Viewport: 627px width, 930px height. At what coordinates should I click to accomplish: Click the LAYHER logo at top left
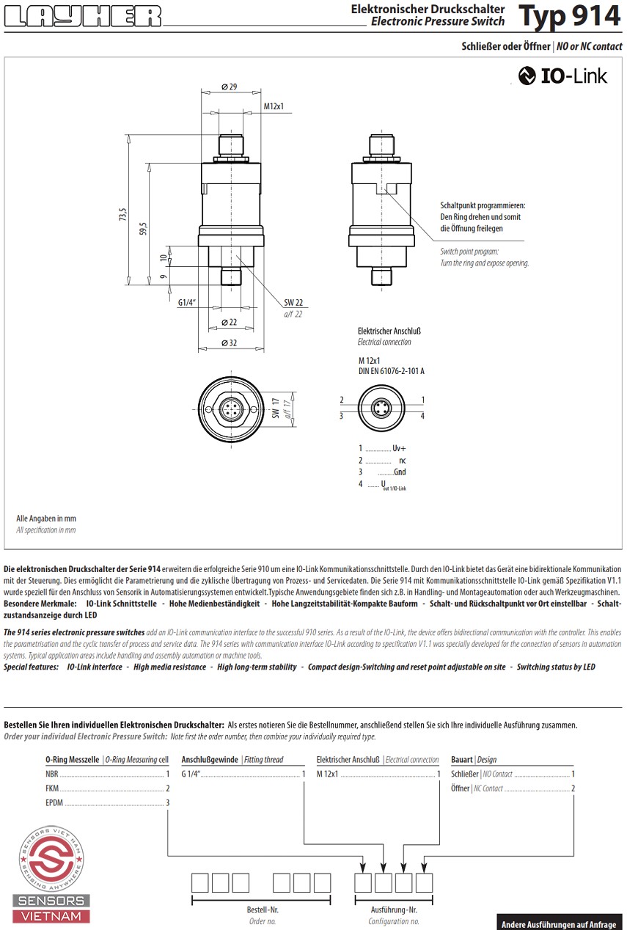[82, 16]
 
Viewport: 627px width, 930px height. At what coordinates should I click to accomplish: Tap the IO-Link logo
[562, 76]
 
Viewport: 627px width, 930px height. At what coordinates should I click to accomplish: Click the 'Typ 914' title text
[568, 16]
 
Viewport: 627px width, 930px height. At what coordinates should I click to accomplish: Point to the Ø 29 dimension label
[229, 87]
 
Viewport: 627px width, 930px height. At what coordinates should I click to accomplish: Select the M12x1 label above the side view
[274, 106]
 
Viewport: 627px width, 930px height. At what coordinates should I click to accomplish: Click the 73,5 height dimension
[124, 214]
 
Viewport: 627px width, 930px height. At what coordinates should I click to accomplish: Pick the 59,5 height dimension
[145, 228]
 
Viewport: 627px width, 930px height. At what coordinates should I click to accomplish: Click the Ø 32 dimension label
[229, 343]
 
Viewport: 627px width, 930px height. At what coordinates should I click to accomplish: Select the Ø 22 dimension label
[229, 323]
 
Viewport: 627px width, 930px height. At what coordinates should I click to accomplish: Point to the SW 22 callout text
[293, 303]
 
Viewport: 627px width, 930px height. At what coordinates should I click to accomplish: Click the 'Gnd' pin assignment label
[400, 472]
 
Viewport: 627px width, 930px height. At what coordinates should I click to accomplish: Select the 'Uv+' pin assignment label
[399, 447]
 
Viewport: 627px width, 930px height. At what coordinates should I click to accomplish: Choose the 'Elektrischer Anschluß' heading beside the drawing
[389, 332]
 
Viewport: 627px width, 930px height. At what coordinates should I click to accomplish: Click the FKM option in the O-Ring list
[53, 788]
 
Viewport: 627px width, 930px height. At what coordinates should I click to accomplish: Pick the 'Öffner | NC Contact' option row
[512, 788]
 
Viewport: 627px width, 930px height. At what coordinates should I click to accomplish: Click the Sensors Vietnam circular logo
[51, 857]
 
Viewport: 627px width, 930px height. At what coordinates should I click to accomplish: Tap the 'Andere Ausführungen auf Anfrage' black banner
[558, 924]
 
